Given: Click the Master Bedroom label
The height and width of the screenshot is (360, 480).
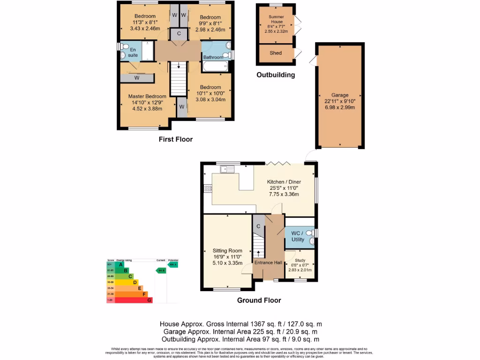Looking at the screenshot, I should pyautogui.click(x=147, y=96).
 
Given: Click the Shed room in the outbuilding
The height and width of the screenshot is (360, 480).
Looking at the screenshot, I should pyautogui.click(x=276, y=53).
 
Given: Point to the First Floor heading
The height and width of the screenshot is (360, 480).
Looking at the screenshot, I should pyautogui.click(x=175, y=139).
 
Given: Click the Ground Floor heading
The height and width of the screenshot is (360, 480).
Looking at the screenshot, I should pyautogui.click(x=259, y=300).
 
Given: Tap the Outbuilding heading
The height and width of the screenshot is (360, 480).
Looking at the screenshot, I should pyautogui.click(x=276, y=75).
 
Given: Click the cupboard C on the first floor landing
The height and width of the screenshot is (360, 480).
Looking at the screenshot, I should pyautogui.click(x=178, y=33).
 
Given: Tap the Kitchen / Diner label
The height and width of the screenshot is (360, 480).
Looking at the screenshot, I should pyautogui.click(x=284, y=182).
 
